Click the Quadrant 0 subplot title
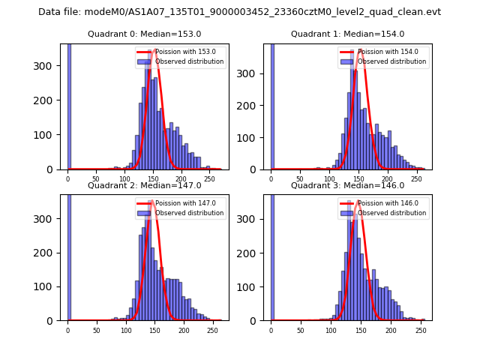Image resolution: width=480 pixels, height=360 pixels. pos(145,34)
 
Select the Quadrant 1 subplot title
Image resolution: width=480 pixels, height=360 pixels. pos(347,34)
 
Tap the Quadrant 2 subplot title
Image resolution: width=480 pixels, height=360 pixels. pos(145,185)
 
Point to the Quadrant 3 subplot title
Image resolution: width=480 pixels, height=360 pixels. pos(347,185)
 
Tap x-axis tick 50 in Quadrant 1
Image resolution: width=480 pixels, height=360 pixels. pos(300,180)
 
